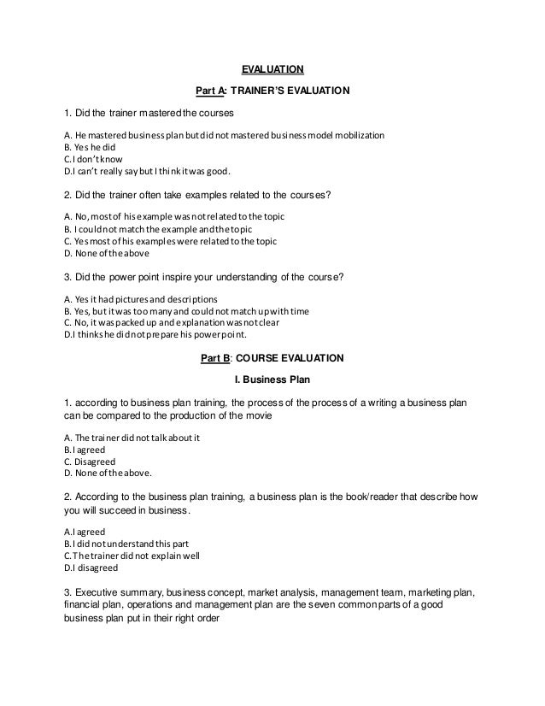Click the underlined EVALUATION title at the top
pyautogui.click(x=272, y=69)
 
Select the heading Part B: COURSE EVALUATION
pyautogui.click(x=272, y=356)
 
